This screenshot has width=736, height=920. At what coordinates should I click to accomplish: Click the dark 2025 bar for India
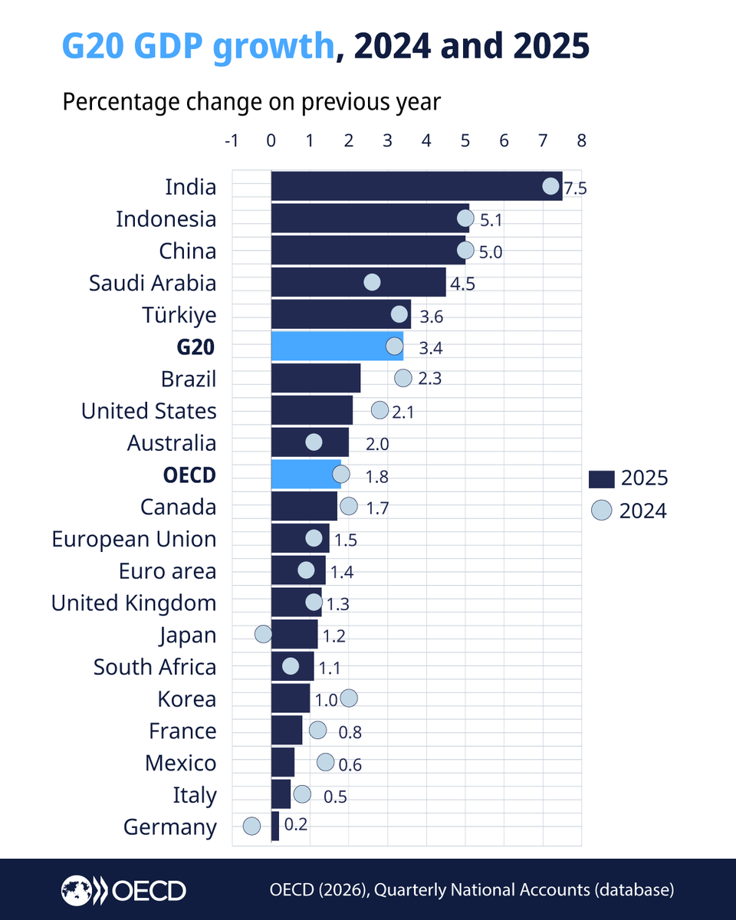coord(414,186)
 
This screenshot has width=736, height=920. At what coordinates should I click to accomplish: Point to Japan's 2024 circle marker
coord(263,634)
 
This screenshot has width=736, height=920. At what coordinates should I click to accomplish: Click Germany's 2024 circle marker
coord(251,826)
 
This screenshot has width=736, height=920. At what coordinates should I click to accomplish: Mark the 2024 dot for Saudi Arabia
coord(372,282)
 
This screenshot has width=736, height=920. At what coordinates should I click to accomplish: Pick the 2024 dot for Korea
coord(349,698)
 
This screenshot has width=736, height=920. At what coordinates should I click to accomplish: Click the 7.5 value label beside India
coord(575,189)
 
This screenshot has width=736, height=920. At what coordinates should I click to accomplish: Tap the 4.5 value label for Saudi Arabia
coord(463,284)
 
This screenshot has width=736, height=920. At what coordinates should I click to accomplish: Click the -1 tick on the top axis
coord(230,141)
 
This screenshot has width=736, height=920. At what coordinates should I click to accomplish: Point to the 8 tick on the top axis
coord(582,141)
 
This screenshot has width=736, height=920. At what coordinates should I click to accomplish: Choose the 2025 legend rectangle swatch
coord(602,479)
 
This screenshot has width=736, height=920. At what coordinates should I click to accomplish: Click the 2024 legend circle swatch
coord(602,511)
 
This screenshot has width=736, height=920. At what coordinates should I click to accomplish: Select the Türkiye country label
coord(179,315)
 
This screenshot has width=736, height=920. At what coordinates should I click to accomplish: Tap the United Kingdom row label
coord(133,603)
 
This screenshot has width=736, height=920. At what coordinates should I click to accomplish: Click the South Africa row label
coord(155,667)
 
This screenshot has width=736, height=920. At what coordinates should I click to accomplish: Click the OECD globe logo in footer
coord(77,889)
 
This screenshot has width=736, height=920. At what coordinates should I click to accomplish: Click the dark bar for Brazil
coord(315,379)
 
